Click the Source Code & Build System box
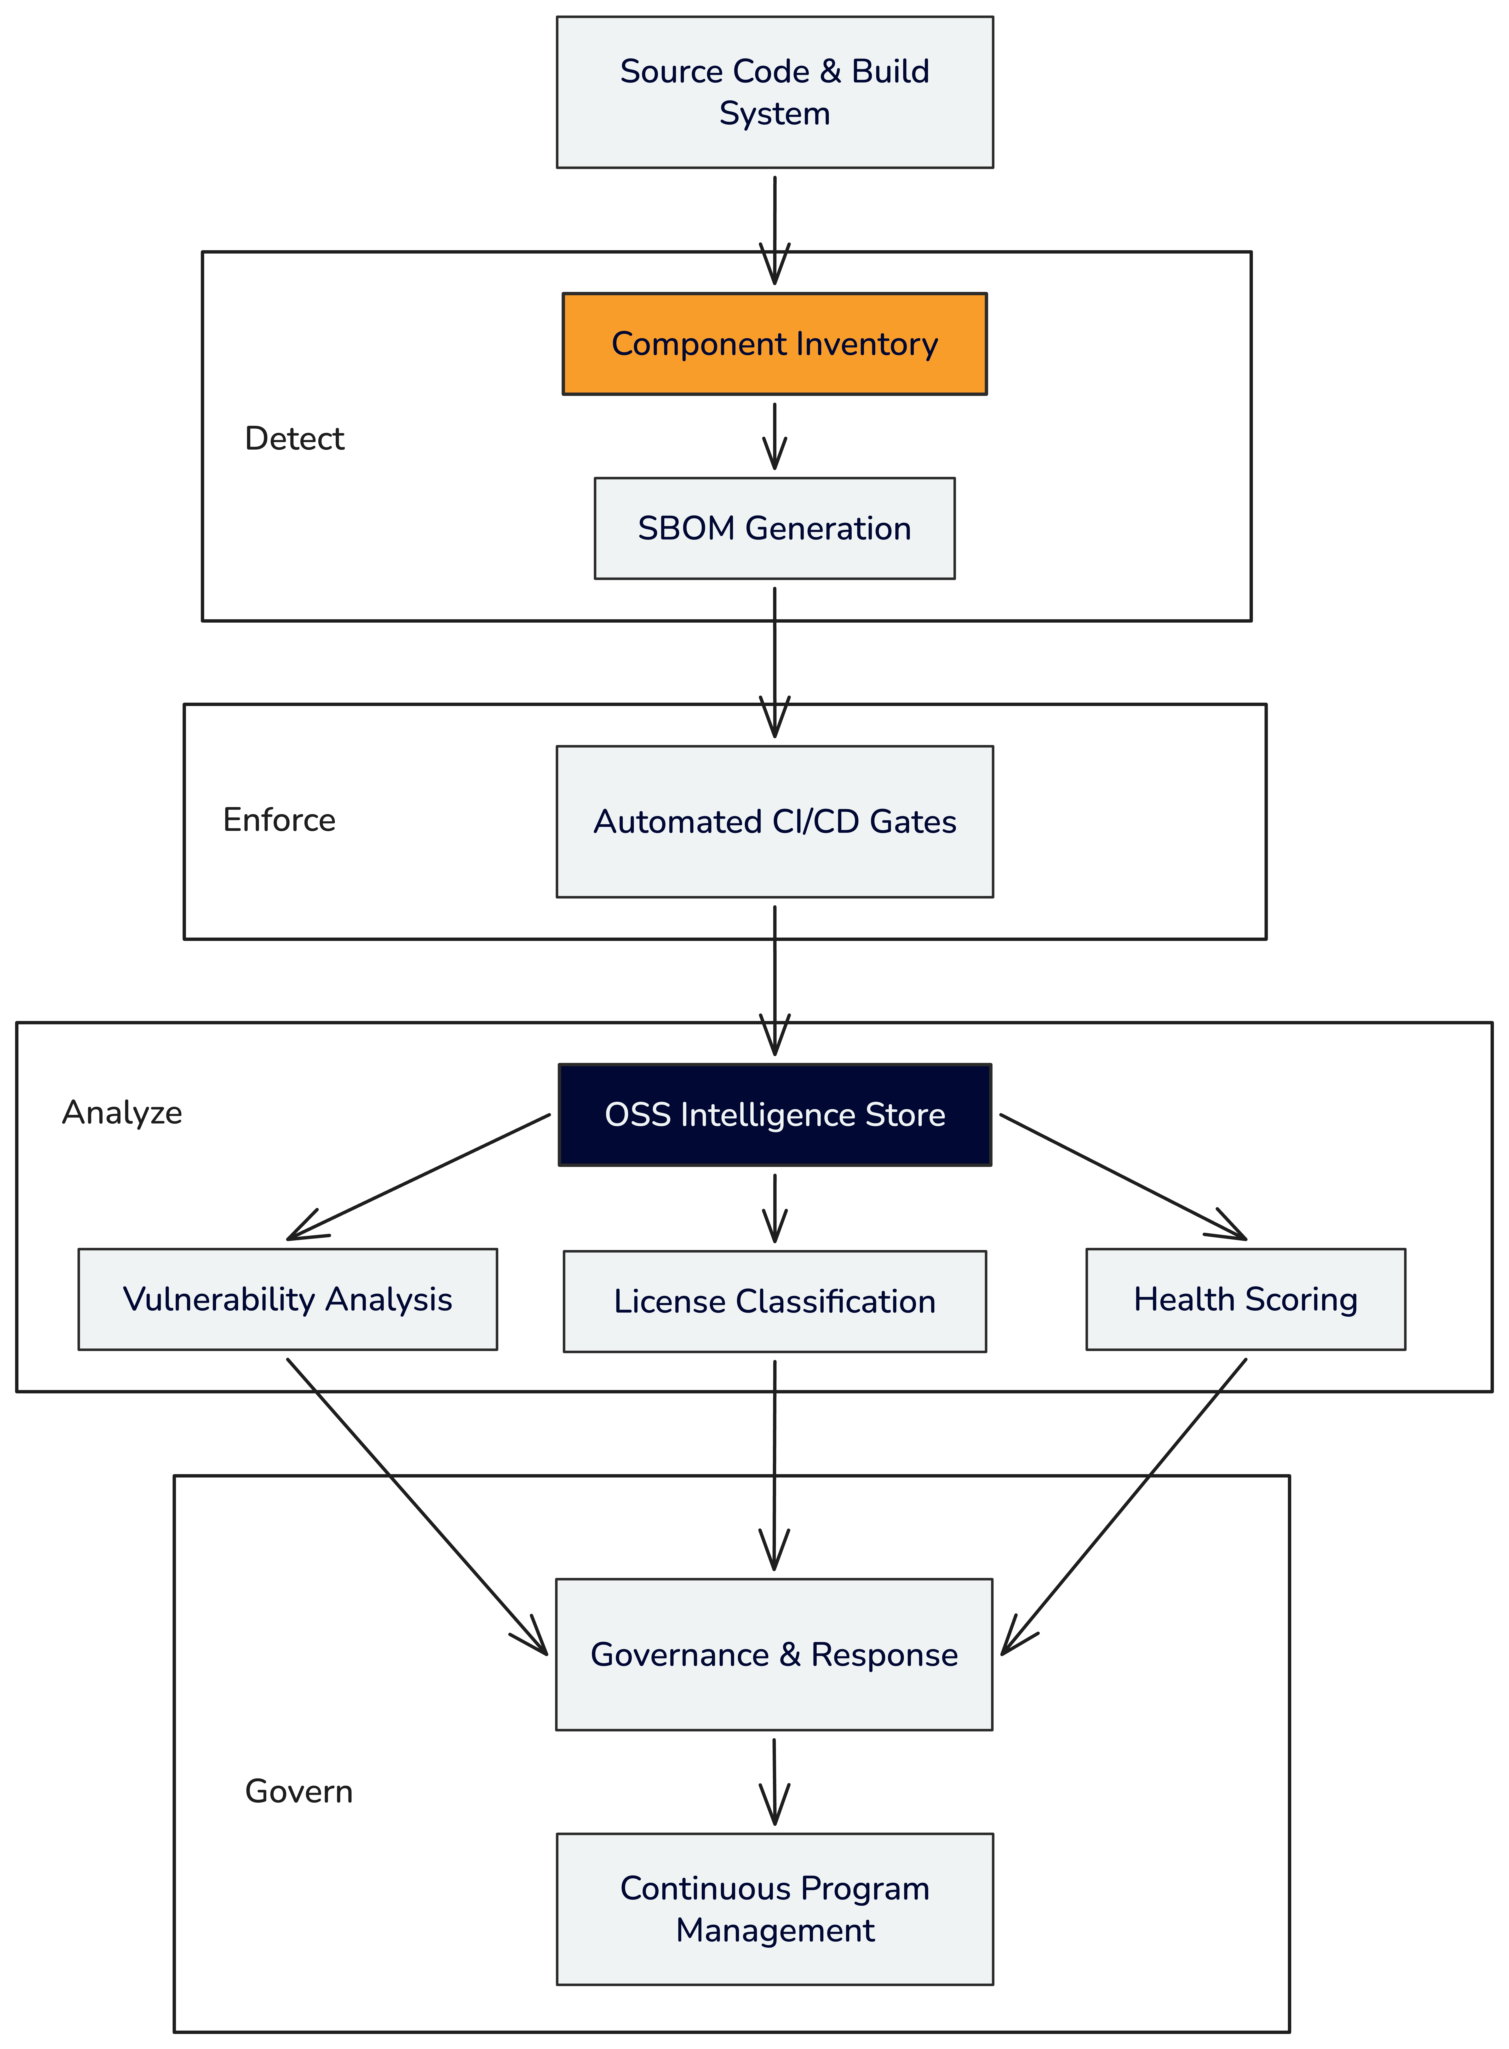(775, 92)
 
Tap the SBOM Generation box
(775, 528)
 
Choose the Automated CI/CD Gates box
(775, 821)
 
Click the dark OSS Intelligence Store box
(775, 1114)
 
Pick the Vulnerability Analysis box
(288, 1299)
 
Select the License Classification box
(775, 1301)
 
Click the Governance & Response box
(775, 1654)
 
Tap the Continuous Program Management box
(775, 1909)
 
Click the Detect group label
(294, 439)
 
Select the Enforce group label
(279, 819)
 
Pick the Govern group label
(299, 1791)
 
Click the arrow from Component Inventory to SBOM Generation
(775, 437)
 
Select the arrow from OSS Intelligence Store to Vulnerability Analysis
(418, 1177)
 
